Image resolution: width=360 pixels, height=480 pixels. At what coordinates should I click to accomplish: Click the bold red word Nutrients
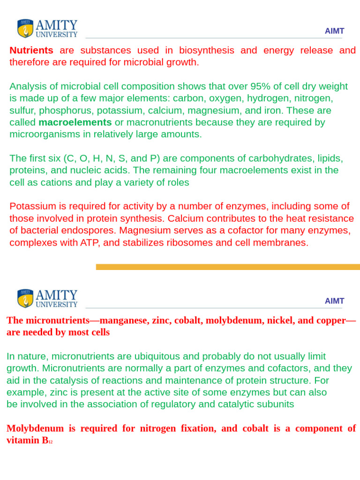[x=31, y=50]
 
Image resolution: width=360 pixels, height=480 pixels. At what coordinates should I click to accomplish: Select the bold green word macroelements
[x=75, y=122]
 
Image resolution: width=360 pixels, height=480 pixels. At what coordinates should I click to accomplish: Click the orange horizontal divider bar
[x=228, y=267]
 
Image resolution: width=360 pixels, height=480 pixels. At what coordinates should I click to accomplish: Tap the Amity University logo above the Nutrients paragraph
[x=47, y=29]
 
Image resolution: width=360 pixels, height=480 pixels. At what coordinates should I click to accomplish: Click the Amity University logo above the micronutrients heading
[x=47, y=299]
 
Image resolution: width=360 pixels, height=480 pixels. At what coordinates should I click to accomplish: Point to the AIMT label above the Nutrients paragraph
[x=334, y=31]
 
